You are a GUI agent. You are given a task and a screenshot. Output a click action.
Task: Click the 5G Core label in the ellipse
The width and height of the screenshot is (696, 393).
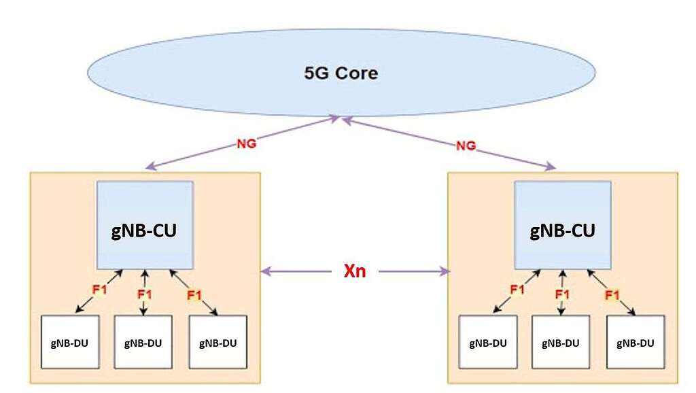(x=341, y=73)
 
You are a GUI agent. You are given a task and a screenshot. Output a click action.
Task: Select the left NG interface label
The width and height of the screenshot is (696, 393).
(x=246, y=145)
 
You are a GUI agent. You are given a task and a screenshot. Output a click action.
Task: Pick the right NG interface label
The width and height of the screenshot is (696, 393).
(x=466, y=145)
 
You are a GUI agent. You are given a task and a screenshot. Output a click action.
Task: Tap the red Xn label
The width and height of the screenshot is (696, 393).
(x=354, y=271)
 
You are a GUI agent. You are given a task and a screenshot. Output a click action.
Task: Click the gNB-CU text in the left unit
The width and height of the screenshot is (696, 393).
(x=144, y=230)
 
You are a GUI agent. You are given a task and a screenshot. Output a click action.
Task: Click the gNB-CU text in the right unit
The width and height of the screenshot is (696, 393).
(x=561, y=230)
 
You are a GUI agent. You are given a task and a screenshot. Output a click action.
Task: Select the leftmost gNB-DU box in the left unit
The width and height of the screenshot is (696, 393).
(x=70, y=342)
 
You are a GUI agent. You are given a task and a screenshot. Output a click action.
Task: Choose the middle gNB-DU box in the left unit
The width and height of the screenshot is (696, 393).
(x=143, y=342)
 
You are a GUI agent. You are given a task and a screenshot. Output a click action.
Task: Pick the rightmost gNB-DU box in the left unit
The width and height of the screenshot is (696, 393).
(x=217, y=342)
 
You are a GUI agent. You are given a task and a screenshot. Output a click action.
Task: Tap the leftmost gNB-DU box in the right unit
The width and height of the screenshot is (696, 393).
(x=487, y=342)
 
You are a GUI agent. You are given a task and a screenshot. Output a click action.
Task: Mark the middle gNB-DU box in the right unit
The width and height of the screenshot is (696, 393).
(x=561, y=342)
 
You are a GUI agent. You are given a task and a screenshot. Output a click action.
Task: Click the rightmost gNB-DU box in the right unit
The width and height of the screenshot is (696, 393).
(x=636, y=342)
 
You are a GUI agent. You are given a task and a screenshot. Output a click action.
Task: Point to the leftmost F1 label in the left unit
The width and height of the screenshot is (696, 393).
(x=100, y=290)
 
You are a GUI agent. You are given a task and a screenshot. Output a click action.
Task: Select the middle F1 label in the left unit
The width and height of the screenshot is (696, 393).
(x=144, y=294)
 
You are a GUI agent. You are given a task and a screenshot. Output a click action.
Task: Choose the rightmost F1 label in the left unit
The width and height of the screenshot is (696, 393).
(x=194, y=294)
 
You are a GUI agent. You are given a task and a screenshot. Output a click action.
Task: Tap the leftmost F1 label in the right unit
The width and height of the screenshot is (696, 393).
(x=517, y=290)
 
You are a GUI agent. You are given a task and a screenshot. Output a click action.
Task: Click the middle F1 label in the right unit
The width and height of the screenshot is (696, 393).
(x=561, y=294)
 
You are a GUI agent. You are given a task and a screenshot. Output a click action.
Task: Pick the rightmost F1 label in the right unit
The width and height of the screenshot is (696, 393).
(x=612, y=294)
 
